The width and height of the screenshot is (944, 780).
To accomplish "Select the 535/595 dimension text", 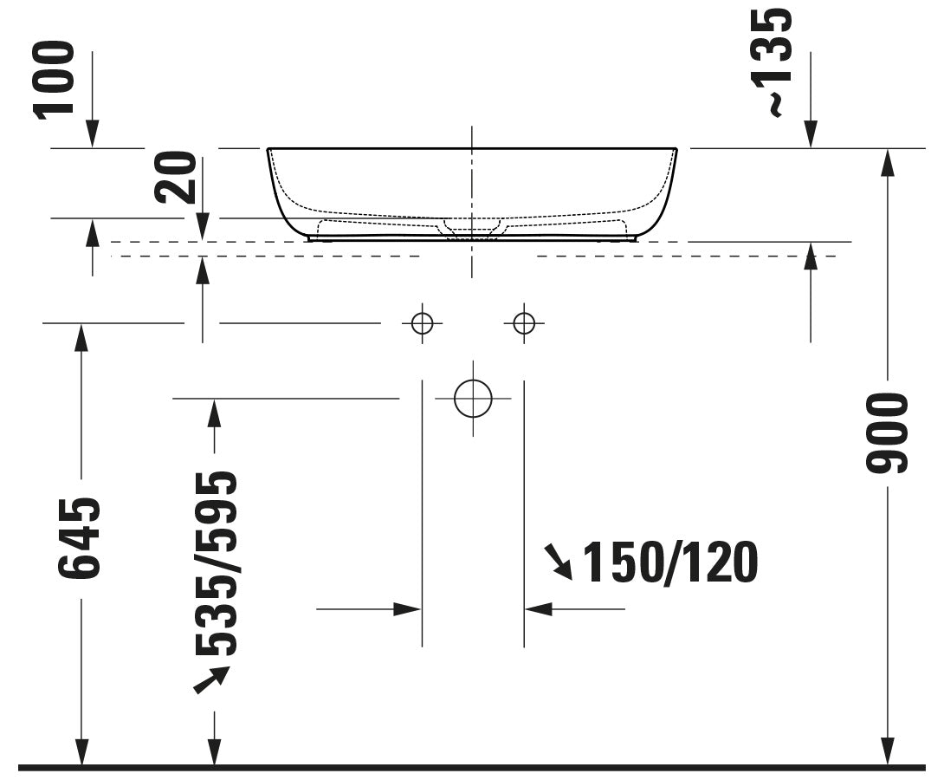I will tap(215, 563).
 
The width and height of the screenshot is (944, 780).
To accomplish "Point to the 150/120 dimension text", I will tap(669, 562).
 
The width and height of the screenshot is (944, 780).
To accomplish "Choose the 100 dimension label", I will tap(55, 79).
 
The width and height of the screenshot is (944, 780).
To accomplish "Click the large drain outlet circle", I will tap(472, 399).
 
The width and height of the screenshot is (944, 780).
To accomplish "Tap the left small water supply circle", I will tap(422, 323).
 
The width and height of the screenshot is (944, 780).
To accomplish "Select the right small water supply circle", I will tap(523, 323).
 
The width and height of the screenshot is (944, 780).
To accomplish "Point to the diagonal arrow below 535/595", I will tap(210, 679).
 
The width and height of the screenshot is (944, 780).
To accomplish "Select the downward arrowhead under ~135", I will tap(811, 134).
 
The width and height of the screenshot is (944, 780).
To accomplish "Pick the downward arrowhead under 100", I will tap(91, 134).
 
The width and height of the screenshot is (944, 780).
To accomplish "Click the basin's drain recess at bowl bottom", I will tap(472, 229).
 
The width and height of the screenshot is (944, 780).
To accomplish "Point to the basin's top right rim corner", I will tap(676, 149).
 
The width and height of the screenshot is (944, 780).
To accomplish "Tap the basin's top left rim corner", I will tap(268, 149).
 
